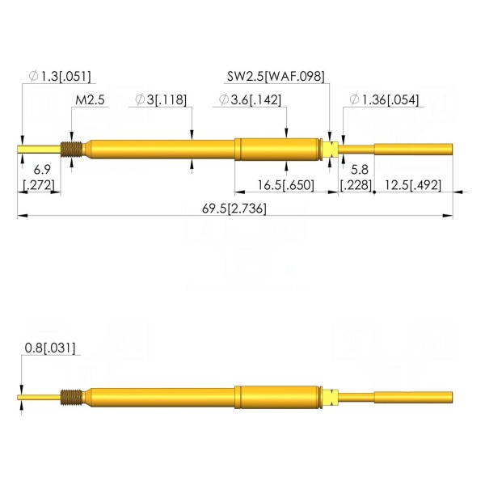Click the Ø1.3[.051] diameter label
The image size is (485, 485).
pos(60,76)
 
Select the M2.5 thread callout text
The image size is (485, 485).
pos(90,100)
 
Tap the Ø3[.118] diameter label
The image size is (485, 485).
pos(161,100)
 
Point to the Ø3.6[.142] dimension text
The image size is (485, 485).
pos(250,100)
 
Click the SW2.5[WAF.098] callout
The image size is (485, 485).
pos(276,76)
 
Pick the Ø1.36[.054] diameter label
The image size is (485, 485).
pos(384,100)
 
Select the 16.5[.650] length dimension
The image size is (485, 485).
pos(286,185)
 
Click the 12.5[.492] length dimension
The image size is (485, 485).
pos(413,185)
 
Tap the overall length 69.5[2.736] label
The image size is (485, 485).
pos(234,209)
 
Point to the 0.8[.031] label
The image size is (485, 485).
pos(50,348)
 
